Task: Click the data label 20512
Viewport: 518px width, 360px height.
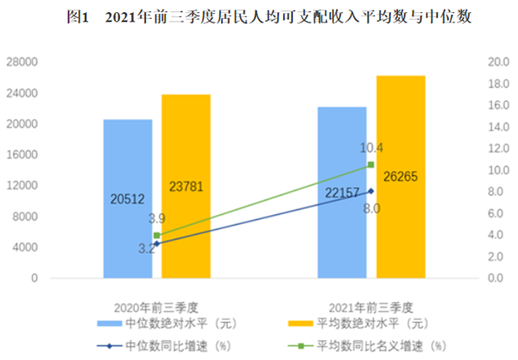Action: (128, 199)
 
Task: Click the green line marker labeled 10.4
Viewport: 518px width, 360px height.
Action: (371, 165)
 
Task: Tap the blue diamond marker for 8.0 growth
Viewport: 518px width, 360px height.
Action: (371, 191)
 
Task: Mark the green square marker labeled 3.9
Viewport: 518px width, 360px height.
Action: (157, 235)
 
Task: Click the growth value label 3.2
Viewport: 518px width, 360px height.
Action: (147, 250)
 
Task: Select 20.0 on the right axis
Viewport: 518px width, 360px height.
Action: (497, 62)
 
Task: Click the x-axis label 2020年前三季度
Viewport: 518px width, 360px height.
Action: (157, 307)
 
